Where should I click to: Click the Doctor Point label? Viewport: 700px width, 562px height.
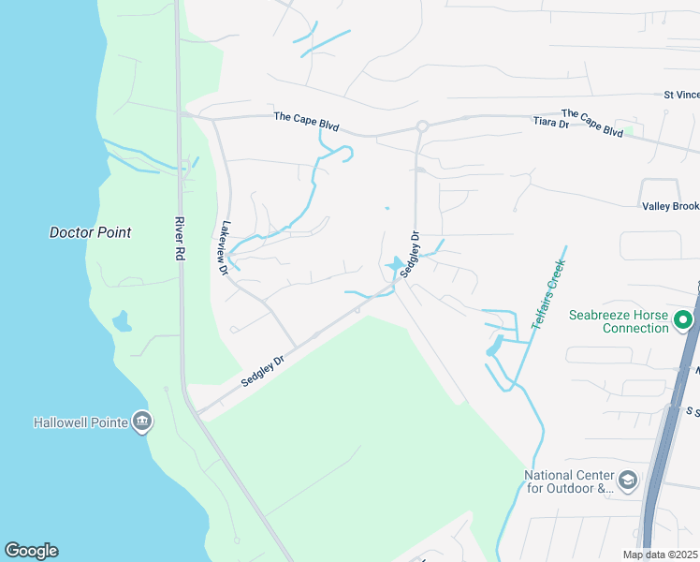point(90,232)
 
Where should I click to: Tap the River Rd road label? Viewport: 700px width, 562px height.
point(180,241)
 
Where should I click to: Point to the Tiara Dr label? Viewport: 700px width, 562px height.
point(550,123)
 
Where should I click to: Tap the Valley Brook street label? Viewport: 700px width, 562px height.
point(670,206)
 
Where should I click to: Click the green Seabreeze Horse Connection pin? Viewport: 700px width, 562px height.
point(683,320)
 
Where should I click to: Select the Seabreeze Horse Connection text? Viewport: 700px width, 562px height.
point(621,321)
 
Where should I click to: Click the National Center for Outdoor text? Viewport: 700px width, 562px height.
point(573,481)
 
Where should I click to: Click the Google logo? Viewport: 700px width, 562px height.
point(31,551)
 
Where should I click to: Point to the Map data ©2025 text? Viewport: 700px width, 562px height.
point(660,555)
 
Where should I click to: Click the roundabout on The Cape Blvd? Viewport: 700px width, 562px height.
point(422,126)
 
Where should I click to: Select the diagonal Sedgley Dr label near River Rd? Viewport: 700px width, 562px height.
point(262,370)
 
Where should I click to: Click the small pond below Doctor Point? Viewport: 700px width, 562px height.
point(121,322)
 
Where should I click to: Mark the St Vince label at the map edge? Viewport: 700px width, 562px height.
point(681,95)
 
